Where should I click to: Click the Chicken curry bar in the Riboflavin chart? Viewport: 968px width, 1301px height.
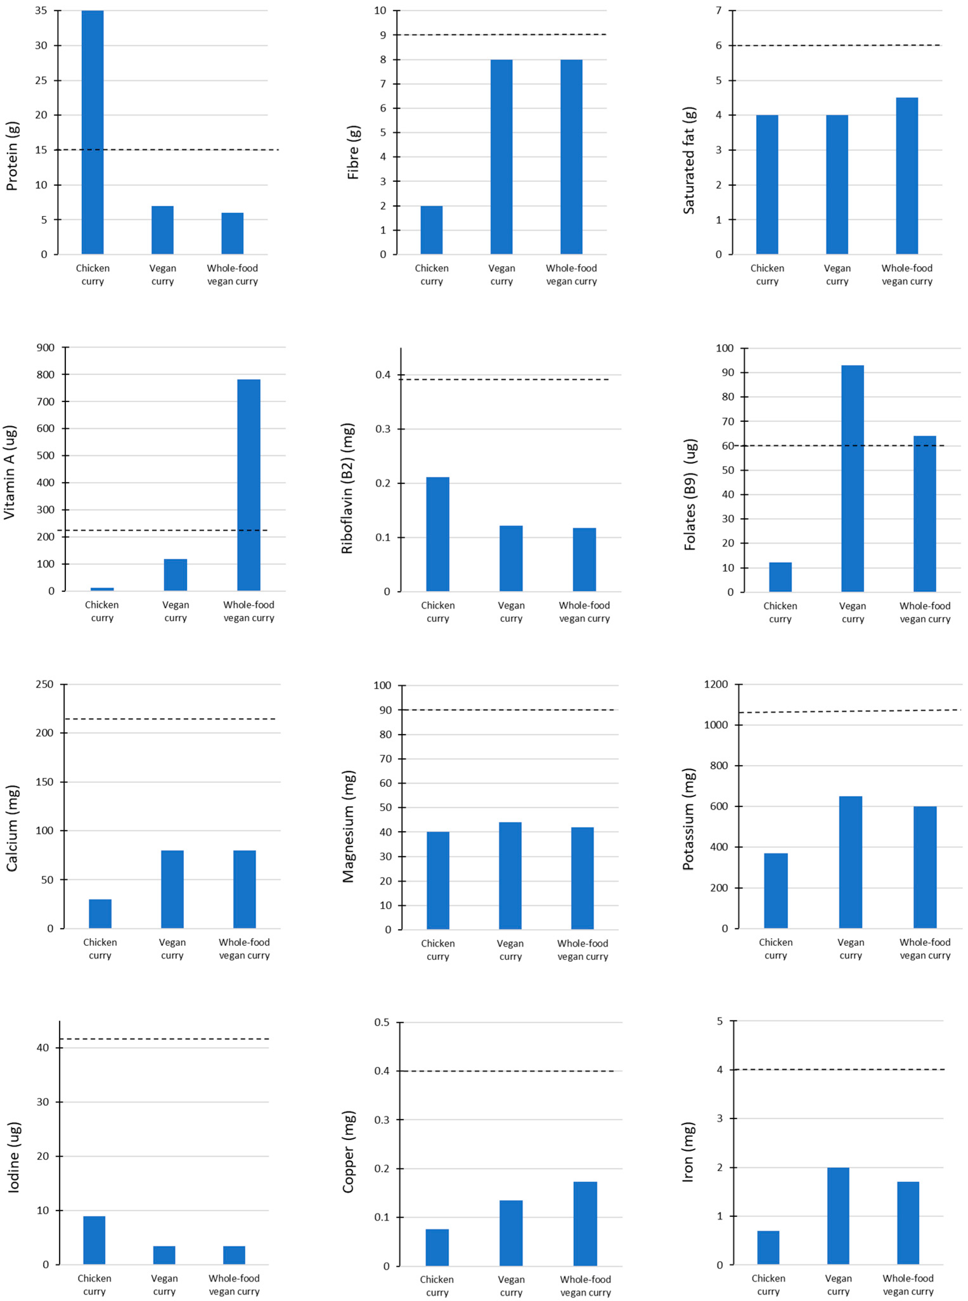tap(437, 534)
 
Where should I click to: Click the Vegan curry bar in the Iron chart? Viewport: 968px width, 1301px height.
tap(838, 1216)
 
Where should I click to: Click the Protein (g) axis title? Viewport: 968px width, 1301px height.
tap(12, 157)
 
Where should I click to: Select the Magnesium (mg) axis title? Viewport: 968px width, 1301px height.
tap(349, 827)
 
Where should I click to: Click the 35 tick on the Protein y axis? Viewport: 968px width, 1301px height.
tap(41, 10)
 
